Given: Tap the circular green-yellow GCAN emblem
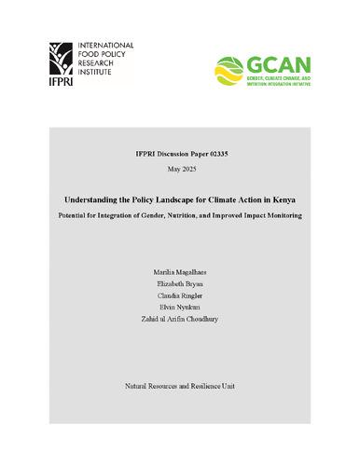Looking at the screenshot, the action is [x=231, y=68].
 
